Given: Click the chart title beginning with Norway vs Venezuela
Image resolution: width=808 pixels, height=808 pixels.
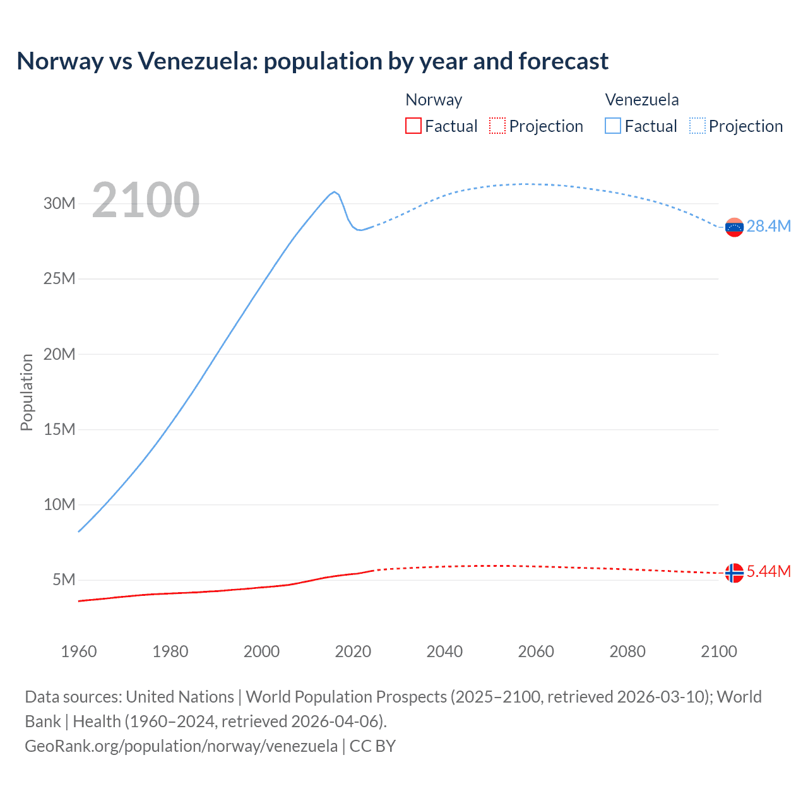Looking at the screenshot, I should point(312,61).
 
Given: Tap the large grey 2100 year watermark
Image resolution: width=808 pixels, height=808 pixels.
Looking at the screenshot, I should point(146,200).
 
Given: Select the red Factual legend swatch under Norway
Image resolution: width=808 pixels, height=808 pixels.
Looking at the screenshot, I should point(413,126).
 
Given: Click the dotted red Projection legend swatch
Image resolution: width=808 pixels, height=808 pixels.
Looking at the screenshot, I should point(497,126).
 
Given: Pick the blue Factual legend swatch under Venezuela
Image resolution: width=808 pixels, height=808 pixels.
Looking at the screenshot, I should point(613,126).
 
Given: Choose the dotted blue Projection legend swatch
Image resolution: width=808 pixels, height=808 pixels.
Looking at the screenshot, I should point(697,126).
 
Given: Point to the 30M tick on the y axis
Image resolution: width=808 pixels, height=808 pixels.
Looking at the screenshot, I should point(59,203).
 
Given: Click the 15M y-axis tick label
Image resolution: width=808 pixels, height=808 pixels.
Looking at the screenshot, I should point(59,429).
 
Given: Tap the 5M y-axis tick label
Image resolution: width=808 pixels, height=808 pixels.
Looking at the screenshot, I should point(64,579).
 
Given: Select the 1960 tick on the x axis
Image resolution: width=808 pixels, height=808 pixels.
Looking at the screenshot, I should point(79,651).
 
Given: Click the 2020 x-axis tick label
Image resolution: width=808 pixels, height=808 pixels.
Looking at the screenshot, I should point(353,651).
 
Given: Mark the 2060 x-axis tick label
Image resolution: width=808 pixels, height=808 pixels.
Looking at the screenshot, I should point(536,651).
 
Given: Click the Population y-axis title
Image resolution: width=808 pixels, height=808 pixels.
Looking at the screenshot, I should point(27,392).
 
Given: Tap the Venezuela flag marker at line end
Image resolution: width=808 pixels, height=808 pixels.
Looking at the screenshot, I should point(734,227).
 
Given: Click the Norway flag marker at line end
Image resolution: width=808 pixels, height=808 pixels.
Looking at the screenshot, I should point(734,573).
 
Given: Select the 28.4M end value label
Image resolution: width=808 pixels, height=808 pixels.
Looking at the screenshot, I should point(768,227).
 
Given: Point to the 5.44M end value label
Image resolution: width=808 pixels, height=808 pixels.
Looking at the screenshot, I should point(768,572).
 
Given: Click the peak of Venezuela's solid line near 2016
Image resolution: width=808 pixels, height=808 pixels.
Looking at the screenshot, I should point(334,192).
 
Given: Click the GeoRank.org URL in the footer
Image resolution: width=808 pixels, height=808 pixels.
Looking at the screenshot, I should point(181,746).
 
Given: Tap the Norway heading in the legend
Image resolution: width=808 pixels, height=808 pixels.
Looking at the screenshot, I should point(434,100).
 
